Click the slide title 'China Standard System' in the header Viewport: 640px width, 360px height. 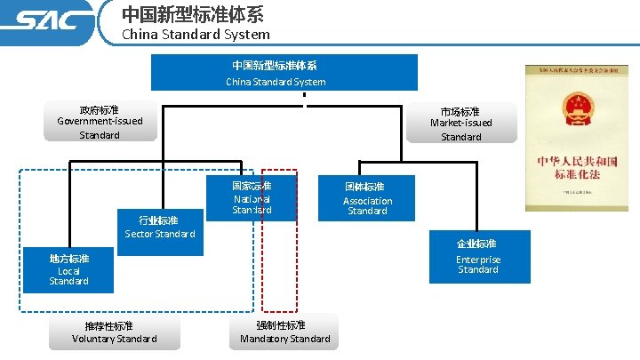(x=195, y=35)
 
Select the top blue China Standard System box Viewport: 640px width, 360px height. (x=284, y=73)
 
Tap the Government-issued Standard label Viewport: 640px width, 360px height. (x=100, y=122)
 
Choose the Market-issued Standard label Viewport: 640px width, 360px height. (x=460, y=124)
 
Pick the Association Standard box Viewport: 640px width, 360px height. (x=366, y=199)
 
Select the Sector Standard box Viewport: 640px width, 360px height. (x=160, y=227)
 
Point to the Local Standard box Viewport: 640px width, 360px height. (x=69, y=269)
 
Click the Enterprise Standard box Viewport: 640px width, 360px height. (x=478, y=257)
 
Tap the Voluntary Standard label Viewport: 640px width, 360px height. (x=115, y=332)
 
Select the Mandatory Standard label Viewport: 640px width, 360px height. (x=285, y=332)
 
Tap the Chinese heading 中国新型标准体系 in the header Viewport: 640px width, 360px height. (x=192, y=14)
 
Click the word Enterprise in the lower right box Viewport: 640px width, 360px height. (x=478, y=260)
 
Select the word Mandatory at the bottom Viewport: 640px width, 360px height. (x=264, y=339)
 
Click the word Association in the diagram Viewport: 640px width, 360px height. (x=367, y=201)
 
